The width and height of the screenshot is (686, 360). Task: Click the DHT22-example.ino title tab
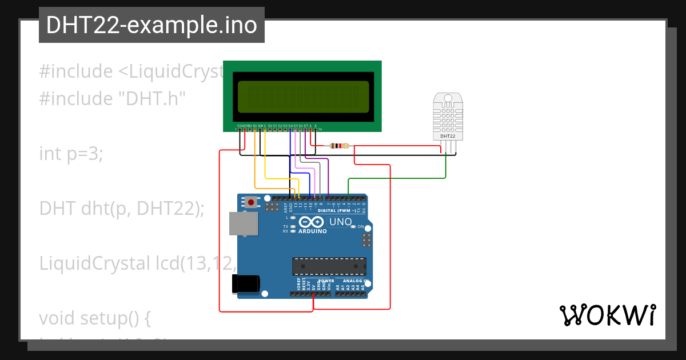click(151, 26)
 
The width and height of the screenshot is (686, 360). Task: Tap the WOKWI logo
click(607, 315)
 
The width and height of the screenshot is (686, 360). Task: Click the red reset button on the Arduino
click(250, 202)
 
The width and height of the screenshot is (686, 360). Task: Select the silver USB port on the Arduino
click(243, 223)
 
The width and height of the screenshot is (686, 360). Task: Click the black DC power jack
click(246, 284)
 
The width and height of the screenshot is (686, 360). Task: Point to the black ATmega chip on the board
click(329, 266)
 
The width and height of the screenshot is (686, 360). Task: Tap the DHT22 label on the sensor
click(448, 137)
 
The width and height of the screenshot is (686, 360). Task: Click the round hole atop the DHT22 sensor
click(448, 98)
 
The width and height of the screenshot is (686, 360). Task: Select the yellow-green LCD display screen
click(303, 96)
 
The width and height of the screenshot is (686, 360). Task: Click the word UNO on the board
click(341, 222)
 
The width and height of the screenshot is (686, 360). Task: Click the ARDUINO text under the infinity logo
click(313, 231)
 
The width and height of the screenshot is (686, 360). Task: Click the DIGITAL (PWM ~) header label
click(337, 210)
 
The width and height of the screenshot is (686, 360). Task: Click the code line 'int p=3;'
click(71, 154)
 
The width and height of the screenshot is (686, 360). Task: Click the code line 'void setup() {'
click(95, 318)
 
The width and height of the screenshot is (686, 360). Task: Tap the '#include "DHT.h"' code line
click(113, 99)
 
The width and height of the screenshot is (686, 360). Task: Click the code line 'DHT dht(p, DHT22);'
click(122, 209)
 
